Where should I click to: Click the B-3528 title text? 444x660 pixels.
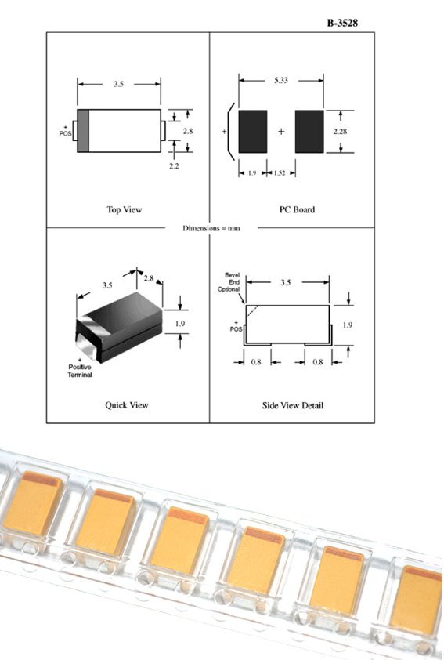pyautogui.click(x=342, y=23)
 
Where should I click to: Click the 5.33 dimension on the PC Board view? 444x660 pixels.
pyautogui.click(x=281, y=80)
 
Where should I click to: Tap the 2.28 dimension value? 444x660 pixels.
pyautogui.click(x=340, y=132)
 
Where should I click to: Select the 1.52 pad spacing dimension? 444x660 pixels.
pyautogui.click(x=280, y=173)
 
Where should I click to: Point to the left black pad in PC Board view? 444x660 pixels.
pyautogui.click(x=253, y=132)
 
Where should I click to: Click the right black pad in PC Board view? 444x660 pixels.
pyautogui.click(x=309, y=132)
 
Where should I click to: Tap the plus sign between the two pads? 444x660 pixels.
pyautogui.click(x=281, y=132)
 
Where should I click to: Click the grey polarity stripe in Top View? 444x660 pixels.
pyautogui.click(x=83, y=130)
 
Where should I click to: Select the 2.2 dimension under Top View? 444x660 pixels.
pyautogui.click(x=174, y=166)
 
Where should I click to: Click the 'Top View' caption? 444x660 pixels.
pyautogui.click(x=125, y=209)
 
